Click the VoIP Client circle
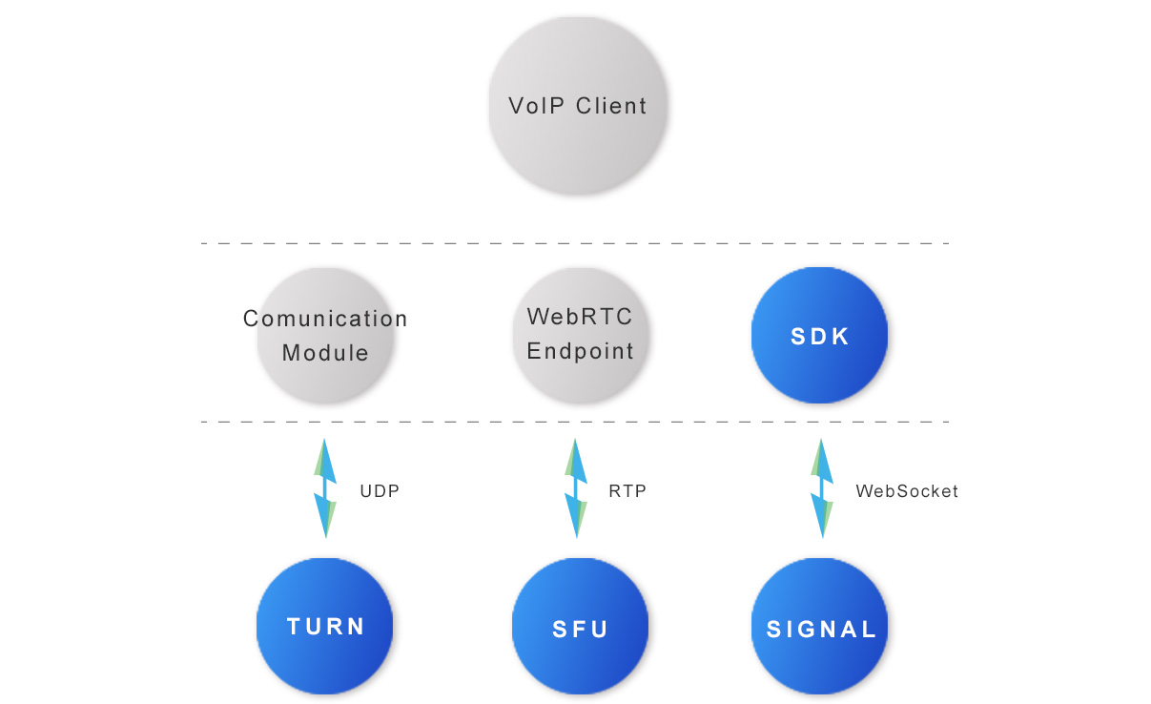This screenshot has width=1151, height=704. (x=577, y=105)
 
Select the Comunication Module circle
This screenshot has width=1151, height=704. (x=325, y=336)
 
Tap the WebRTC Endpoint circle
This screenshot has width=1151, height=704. (x=579, y=334)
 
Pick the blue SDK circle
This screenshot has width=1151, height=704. (x=819, y=336)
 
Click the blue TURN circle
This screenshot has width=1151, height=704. (x=325, y=627)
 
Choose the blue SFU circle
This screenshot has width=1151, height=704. (x=580, y=629)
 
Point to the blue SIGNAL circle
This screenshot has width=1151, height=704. (x=820, y=629)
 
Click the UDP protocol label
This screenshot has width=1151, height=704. (x=380, y=491)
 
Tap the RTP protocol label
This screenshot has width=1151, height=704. (x=627, y=491)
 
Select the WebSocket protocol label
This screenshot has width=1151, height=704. (x=907, y=491)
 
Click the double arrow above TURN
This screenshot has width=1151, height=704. (x=325, y=487)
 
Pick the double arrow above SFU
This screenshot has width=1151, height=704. (x=575, y=487)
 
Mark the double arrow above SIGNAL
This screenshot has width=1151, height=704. (x=820, y=487)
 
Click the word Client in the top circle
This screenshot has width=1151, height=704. (x=611, y=105)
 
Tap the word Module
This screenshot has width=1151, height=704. (x=325, y=353)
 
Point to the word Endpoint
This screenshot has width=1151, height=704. (x=580, y=351)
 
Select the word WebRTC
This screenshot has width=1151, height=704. (x=580, y=316)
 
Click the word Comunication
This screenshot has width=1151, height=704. (x=325, y=319)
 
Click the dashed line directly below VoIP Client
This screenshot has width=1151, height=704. (x=575, y=244)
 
